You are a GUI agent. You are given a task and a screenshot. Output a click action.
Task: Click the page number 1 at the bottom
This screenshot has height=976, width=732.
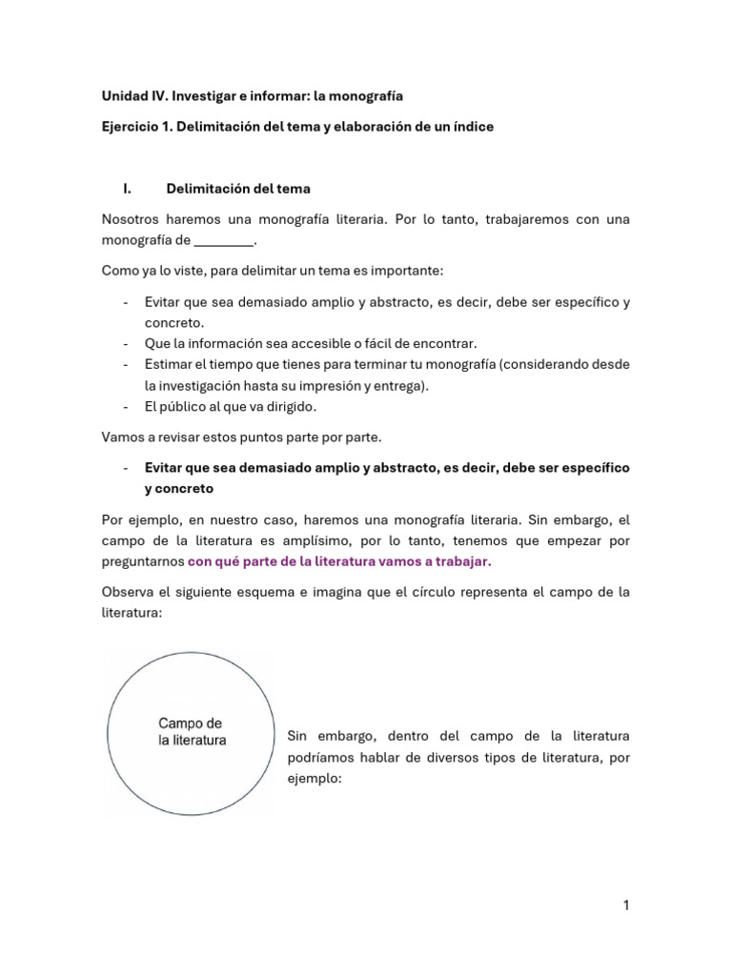click(626, 905)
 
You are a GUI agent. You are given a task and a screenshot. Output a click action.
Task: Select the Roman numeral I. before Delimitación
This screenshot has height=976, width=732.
click(127, 189)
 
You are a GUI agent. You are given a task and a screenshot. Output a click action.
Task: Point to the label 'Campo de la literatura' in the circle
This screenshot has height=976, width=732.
click(192, 732)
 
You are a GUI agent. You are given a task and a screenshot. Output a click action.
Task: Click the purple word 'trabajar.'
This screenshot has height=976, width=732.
click(461, 561)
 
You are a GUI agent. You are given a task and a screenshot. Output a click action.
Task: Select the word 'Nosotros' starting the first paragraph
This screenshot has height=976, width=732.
click(132, 219)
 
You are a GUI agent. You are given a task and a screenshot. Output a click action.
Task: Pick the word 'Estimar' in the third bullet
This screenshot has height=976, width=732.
click(170, 364)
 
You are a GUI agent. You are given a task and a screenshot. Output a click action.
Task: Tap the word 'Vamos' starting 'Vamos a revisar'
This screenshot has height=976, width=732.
click(122, 437)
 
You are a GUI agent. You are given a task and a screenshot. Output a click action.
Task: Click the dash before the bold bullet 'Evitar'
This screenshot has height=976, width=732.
click(127, 468)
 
